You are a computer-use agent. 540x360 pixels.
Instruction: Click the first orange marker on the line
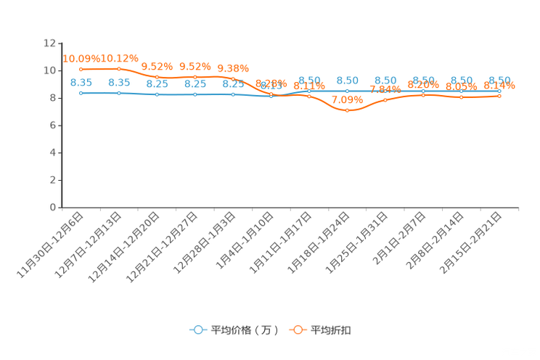(x=81, y=69)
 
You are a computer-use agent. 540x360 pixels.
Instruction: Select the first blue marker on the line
(x=81, y=94)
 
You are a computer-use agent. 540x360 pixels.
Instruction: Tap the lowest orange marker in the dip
(x=347, y=111)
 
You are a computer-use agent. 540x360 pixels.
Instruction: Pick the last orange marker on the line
(x=499, y=96)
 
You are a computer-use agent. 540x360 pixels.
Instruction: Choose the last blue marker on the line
(x=499, y=91)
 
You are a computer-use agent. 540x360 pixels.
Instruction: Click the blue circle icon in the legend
(x=197, y=330)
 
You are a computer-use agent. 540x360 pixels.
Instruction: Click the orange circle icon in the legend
(x=297, y=330)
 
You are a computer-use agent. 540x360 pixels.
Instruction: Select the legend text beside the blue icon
(x=243, y=330)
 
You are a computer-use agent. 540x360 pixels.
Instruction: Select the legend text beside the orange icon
(x=332, y=330)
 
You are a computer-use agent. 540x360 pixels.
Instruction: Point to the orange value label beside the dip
(x=346, y=100)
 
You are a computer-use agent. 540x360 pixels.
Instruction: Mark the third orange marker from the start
(x=157, y=76)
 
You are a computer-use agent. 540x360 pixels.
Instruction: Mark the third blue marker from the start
(x=157, y=95)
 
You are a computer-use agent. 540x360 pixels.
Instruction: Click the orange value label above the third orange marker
(x=157, y=66)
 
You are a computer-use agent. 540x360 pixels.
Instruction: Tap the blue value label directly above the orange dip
(x=348, y=80)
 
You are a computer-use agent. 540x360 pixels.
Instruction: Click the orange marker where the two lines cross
(x=271, y=94)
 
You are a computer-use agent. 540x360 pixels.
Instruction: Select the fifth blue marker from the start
(x=233, y=95)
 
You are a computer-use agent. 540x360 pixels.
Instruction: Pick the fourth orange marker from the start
(x=195, y=76)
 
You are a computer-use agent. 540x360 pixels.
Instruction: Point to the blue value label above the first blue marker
(x=81, y=82)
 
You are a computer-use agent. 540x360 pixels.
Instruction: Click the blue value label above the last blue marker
(x=500, y=80)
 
